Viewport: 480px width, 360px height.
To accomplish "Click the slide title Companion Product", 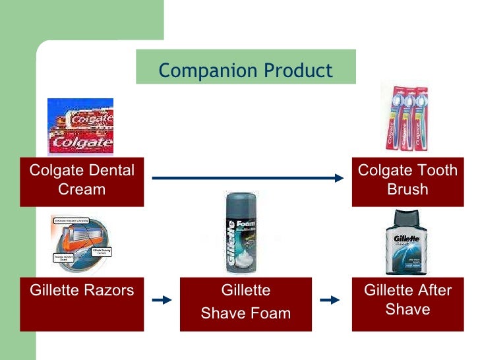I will click(245, 70).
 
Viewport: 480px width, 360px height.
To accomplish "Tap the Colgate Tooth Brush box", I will click(407, 180).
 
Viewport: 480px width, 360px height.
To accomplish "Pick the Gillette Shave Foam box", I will click(245, 304).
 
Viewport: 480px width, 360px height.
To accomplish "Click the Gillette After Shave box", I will click(407, 304).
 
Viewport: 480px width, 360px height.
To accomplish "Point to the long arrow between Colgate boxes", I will click(248, 177).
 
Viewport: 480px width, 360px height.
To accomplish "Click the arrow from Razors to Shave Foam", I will click(162, 300).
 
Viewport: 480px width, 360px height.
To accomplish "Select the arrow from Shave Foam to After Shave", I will click(329, 300).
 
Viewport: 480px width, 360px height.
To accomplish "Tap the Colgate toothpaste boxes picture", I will click(80, 126).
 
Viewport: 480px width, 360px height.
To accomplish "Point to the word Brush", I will click(407, 189).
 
